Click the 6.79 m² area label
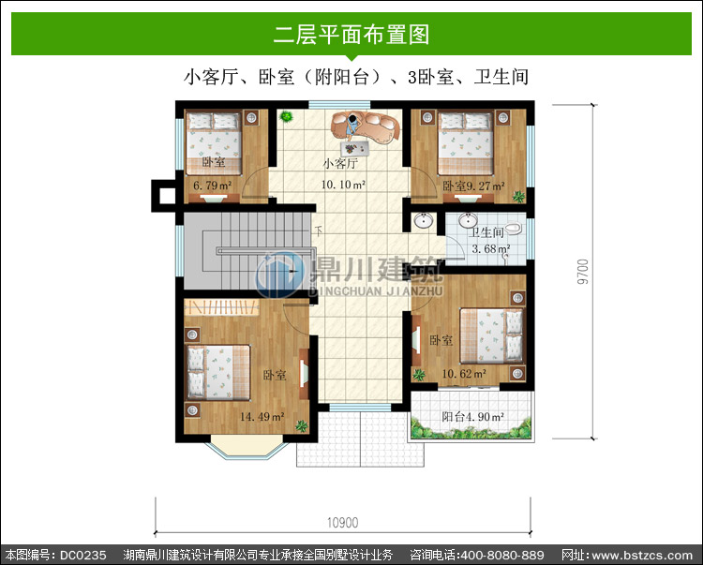coord(212,185)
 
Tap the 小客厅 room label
coord(340,164)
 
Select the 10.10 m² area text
coord(343,185)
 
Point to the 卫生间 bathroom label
coord(486,232)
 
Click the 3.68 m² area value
coord(491,248)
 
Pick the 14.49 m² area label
coord(262,417)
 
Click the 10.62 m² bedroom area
coord(464,373)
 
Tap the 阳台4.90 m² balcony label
coord(473,417)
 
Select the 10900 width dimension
coord(342,523)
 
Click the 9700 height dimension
coord(582,272)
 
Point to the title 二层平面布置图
coord(351,35)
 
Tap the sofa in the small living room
coord(366,127)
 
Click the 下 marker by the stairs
coord(319,231)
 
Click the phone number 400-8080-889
coord(502,556)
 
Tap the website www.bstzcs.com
coord(642,556)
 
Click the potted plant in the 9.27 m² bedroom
coord(518,196)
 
